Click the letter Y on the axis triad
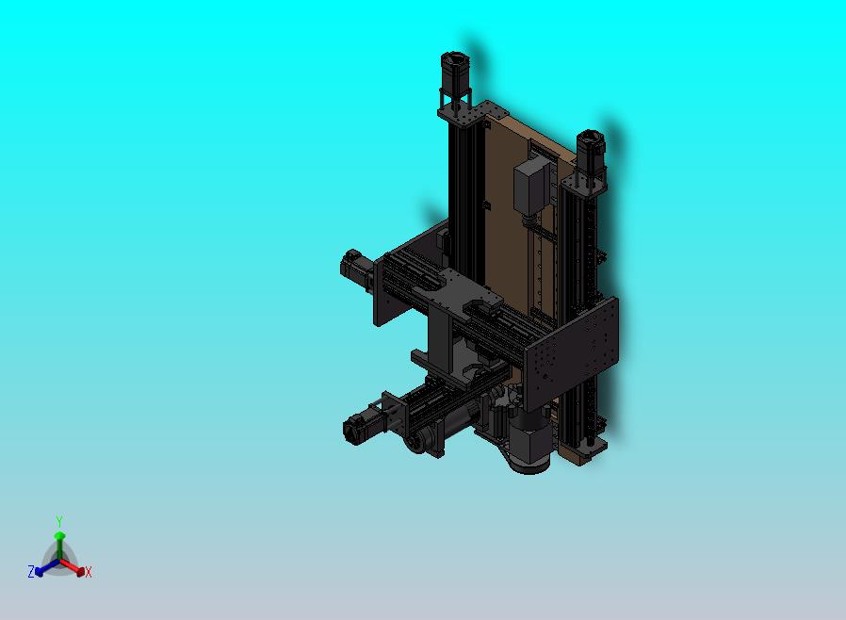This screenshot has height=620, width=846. (58, 521)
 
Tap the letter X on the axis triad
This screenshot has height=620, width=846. (89, 572)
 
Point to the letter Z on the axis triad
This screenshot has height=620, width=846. (30, 571)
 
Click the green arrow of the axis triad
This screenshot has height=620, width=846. (58, 543)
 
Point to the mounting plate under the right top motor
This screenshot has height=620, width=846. (585, 180)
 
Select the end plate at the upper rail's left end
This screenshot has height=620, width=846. (386, 293)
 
